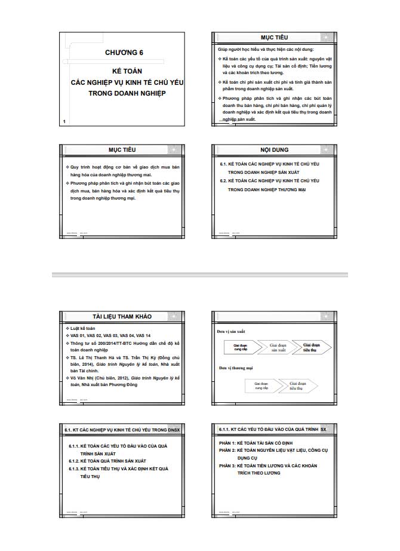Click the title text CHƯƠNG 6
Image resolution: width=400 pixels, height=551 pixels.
pos(124,53)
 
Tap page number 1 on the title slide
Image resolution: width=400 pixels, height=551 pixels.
pos(64,121)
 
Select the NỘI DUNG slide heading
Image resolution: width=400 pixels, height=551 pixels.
pos(274,149)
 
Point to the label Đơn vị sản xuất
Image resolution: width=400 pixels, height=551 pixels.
pos(230,330)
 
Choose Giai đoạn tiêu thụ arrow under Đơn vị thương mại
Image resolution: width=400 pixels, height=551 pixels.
pos(297,385)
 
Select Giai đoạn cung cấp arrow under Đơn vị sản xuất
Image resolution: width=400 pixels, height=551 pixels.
pos(241,347)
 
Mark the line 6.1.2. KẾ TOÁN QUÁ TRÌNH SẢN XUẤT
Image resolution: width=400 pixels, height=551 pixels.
pos(107,461)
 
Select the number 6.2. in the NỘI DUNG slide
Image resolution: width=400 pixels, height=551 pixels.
pos(224,180)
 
